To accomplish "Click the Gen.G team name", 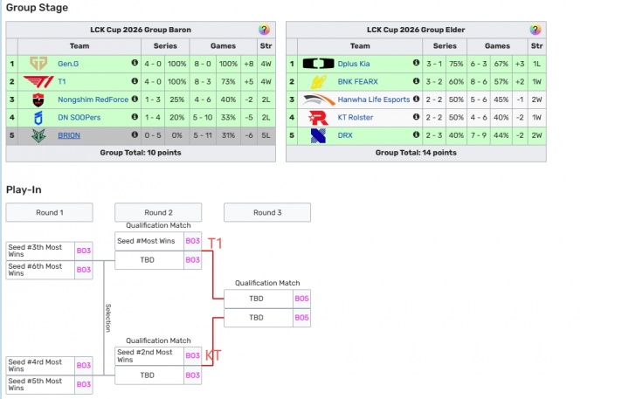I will point(69,63).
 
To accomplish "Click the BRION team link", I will point(69,135).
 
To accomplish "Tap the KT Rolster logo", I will point(319,117).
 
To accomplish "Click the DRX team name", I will point(346,135).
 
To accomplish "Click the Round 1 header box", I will point(49,212).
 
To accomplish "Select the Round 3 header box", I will point(267,212).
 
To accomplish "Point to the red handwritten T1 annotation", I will point(214,244).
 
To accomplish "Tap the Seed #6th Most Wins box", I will point(40,270).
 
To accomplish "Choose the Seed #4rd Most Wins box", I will point(40,365).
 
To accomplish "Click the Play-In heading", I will point(24,189).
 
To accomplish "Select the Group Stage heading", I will point(37,8).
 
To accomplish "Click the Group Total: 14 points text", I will point(415,153).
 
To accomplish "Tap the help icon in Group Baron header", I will point(265,30).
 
